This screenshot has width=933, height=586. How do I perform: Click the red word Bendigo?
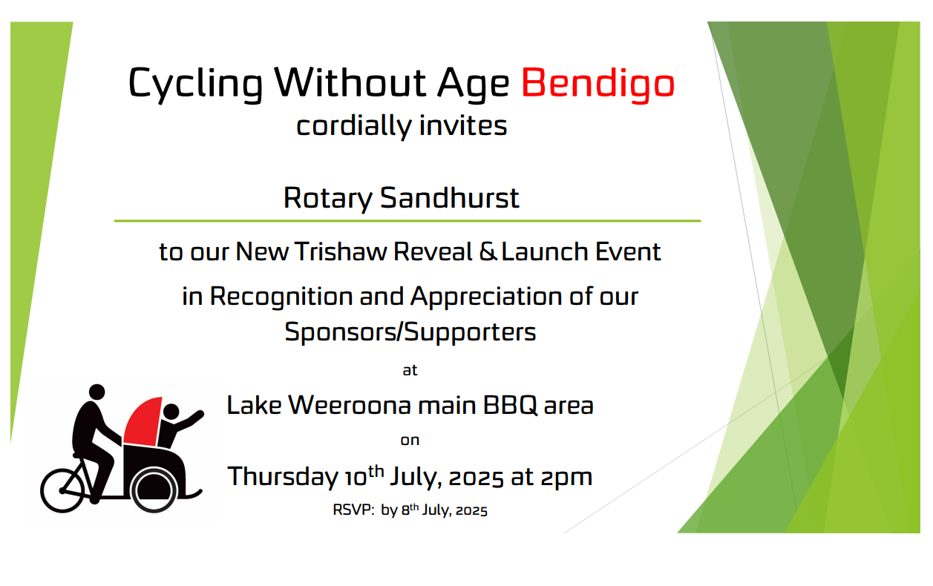pyautogui.click(x=598, y=83)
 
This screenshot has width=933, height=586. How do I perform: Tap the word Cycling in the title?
pyautogui.click(x=195, y=83)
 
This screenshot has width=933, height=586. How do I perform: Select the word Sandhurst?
pyautogui.click(x=449, y=198)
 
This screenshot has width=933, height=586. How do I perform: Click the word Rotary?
pyautogui.click(x=327, y=199)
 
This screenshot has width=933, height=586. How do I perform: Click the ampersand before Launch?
pyautogui.click(x=488, y=251)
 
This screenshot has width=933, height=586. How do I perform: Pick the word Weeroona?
pyautogui.click(x=350, y=405)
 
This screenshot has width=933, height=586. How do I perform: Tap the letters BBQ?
pyautogui.click(x=510, y=405)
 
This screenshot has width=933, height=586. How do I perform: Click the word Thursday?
pyautogui.click(x=282, y=477)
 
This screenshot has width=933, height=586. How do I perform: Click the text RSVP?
pyautogui.click(x=353, y=510)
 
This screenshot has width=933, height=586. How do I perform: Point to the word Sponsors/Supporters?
pyautogui.click(x=410, y=332)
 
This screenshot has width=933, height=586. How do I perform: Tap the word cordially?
pyautogui.click(x=354, y=126)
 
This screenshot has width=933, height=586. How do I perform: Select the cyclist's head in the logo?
pyautogui.click(x=97, y=392)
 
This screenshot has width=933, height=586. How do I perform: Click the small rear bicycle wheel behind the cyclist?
pyautogui.click(x=62, y=490)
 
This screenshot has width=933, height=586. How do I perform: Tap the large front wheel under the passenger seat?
pyautogui.click(x=154, y=490)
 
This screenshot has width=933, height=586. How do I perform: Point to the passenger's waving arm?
pyautogui.click(x=189, y=420)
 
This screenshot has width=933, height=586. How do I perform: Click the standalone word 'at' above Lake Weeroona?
pyautogui.click(x=410, y=370)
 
